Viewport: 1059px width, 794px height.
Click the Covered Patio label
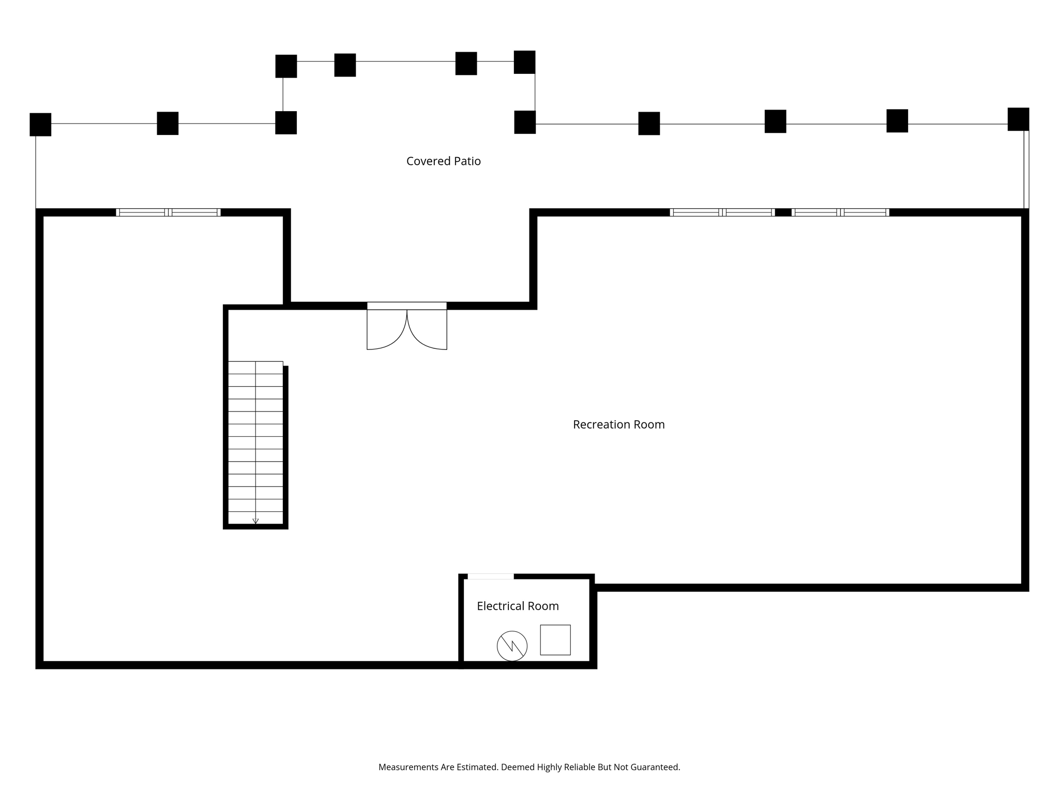click(443, 161)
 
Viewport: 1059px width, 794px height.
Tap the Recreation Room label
click(618, 424)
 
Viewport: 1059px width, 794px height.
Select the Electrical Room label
click(518, 606)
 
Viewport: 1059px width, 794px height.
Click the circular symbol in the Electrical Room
click(512, 646)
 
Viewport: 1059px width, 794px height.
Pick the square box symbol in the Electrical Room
click(555, 640)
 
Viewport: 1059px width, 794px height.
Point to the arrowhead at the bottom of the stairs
click(255, 521)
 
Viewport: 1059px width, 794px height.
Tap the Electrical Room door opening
click(491, 576)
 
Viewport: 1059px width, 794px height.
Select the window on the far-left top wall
click(168, 212)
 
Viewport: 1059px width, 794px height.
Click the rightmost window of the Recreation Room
click(840, 212)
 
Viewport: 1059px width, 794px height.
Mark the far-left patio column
click(40, 125)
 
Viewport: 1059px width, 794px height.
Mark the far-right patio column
click(1018, 119)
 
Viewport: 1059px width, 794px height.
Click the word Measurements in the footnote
click(409, 767)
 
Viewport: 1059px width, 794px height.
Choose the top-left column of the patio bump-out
click(286, 66)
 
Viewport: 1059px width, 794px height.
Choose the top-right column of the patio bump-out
click(524, 62)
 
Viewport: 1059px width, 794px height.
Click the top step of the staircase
click(255, 368)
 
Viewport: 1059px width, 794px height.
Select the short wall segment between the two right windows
click(783, 212)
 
